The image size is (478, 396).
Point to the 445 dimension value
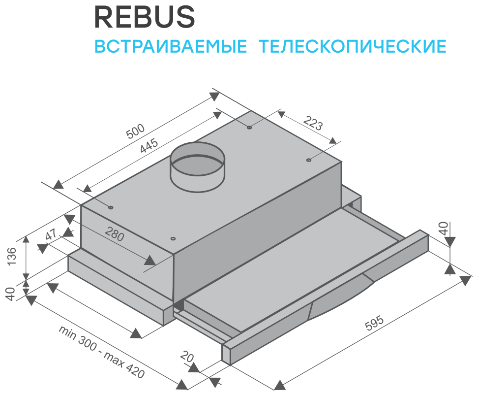pyautogui.click(x=148, y=147)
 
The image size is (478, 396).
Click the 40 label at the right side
pyautogui.click(x=444, y=229)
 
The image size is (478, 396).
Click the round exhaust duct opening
pyautogui.click(x=197, y=158)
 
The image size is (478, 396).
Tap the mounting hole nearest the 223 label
pyautogui.click(x=308, y=160)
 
